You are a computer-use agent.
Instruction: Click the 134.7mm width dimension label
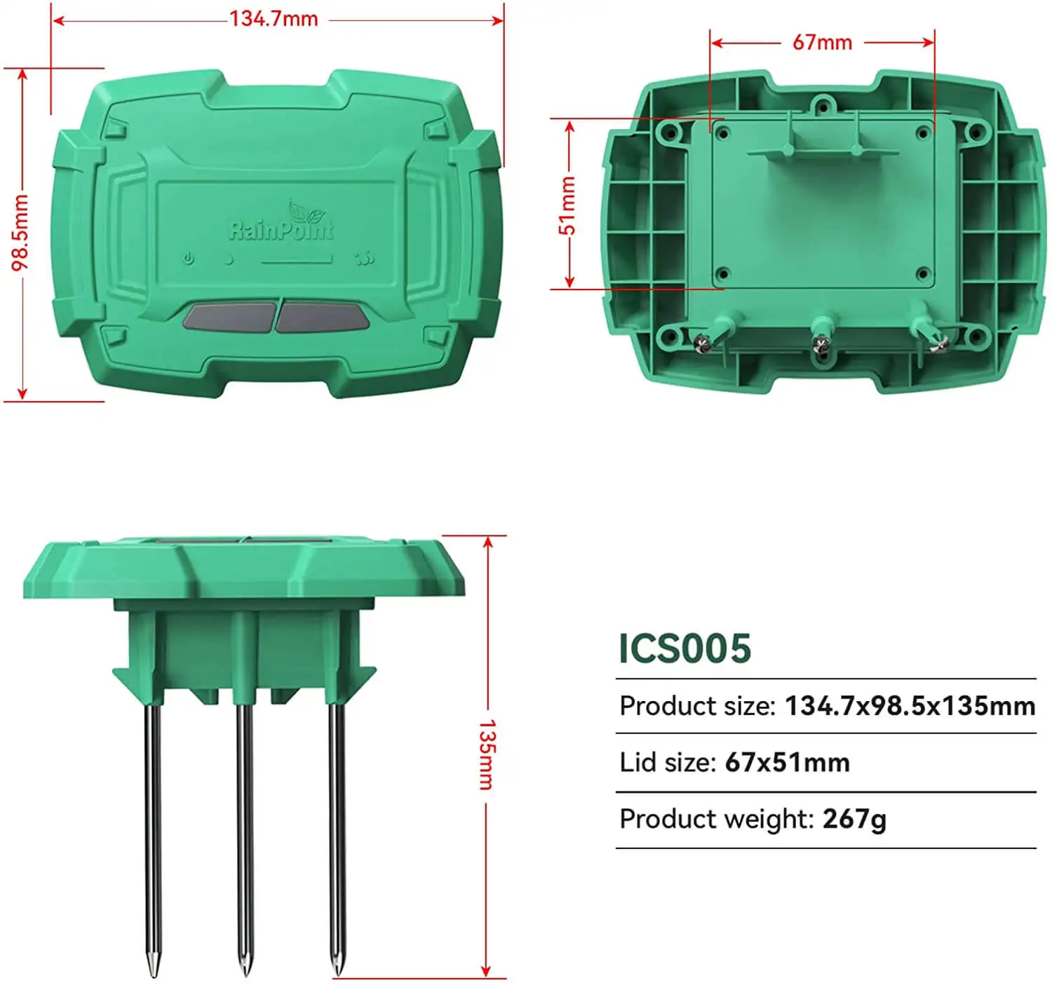(274, 19)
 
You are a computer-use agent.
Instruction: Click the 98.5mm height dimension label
(20, 233)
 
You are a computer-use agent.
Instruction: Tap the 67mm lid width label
(822, 43)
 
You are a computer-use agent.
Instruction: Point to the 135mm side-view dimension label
(487, 754)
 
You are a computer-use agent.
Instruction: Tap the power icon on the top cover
(189, 259)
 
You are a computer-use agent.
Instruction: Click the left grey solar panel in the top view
(229, 316)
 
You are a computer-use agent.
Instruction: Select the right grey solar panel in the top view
(322, 317)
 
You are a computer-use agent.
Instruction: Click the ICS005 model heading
(685, 648)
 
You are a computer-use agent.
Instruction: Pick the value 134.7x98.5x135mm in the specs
(910, 706)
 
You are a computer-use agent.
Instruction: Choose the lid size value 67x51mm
(787, 762)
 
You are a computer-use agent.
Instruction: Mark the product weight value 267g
(854, 819)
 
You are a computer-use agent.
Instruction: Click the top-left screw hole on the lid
(722, 133)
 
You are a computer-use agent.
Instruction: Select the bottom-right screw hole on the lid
(922, 274)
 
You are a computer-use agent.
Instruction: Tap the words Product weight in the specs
(715, 819)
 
